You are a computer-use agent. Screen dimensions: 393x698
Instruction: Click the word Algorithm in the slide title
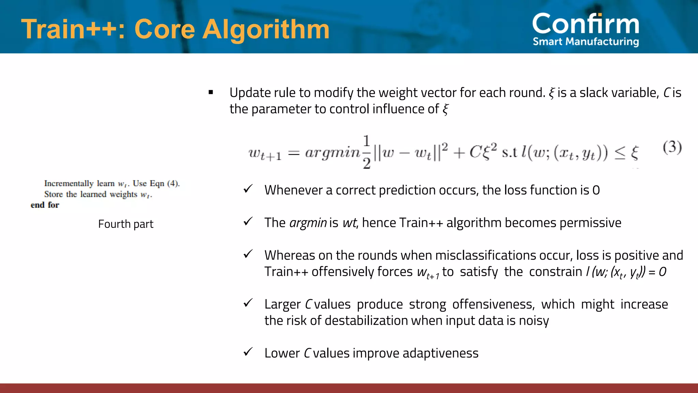click(266, 29)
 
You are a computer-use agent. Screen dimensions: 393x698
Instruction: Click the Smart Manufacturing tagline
click(586, 42)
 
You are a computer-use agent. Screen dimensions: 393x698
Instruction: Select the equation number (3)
click(672, 147)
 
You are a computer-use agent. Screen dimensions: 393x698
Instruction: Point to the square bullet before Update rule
click(211, 92)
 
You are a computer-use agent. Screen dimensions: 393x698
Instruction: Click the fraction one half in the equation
click(366, 152)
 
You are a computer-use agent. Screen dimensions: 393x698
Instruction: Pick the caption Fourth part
click(126, 224)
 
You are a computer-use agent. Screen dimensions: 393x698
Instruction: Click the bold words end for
click(45, 205)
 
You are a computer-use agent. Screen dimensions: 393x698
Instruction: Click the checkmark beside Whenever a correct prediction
click(248, 189)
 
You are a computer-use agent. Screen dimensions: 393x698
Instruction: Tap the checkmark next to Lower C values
click(248, 352)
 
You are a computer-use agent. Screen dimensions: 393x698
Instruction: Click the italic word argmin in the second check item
click(308, 223)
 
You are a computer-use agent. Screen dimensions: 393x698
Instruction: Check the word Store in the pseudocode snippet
click(54, 194)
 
